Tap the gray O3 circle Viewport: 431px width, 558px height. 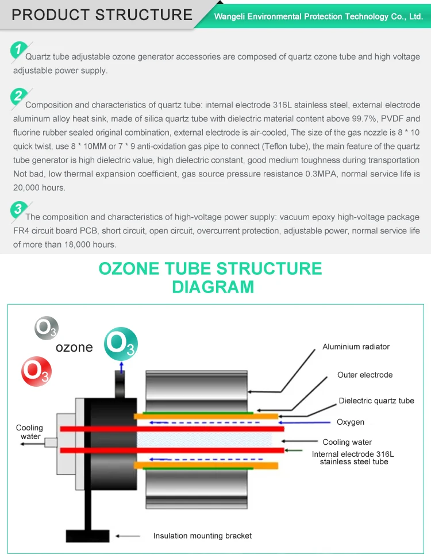(x=46, y=328)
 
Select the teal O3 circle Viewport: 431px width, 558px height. (x=121, y=344)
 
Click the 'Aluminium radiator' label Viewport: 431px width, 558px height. (x=356, y=347)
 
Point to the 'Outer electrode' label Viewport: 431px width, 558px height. (x=365, y=375)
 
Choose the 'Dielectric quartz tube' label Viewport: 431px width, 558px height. (x=376, y=401)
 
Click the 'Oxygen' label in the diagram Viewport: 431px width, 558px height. (x=351, y=422)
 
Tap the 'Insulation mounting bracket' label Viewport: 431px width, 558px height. (x=202, y=536)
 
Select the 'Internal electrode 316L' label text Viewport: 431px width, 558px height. (x=353, y=454)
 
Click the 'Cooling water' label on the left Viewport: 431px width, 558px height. (x=29, y=432)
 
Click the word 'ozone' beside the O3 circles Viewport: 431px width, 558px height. (x=74, y=347)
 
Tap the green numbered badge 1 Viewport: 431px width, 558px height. (x=19, y=50)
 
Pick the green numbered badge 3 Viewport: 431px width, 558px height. (x=19, y=210)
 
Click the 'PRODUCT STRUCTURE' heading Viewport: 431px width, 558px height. (x=102, y=14)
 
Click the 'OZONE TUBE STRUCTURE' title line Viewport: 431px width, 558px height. (x=210, y=268)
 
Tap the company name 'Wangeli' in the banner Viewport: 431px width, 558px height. (x=231, y=17)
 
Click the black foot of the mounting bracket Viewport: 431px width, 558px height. (x=88, y=536)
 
